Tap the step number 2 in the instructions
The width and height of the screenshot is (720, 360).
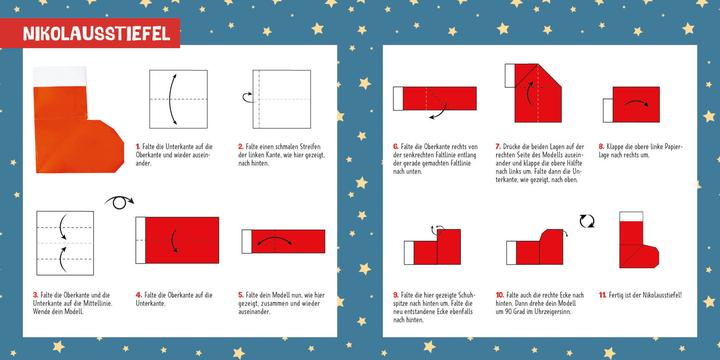(241, 148)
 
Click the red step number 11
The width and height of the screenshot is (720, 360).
(600, 295)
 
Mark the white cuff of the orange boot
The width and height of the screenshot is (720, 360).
(57, 75)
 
